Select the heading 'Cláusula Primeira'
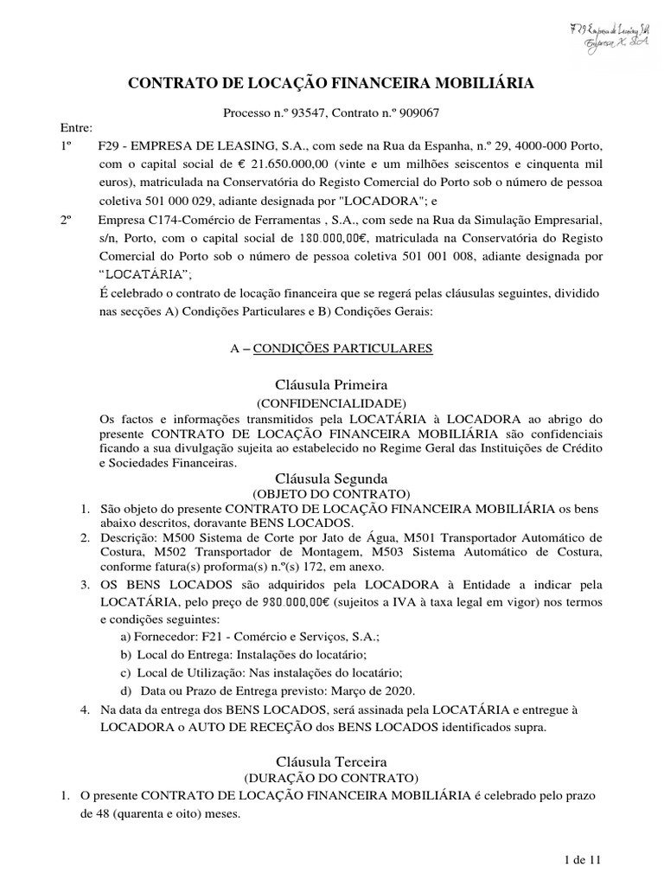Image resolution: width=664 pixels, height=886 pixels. (331, 384)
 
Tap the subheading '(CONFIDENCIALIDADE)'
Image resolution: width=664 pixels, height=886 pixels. (331, 403)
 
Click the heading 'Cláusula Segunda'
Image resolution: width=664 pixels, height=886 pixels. (331, 478)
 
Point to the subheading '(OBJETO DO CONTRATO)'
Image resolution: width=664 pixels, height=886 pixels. (331, 493)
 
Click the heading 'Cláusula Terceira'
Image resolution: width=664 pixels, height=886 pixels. (331, 761)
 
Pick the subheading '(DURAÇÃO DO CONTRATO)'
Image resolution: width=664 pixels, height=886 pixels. (331, 778)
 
